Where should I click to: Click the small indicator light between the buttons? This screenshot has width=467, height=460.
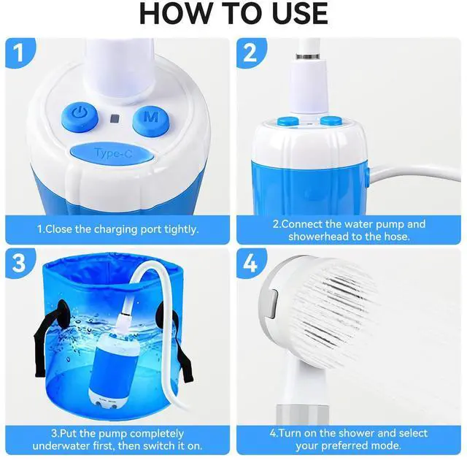pyautogui.click(x=115, y=118)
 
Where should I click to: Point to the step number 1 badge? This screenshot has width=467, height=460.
pyautogui.click(x=20, y=53)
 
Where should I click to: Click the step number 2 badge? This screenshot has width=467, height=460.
pyautogui.click(x=251, y=53)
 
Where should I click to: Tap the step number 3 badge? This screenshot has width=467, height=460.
pyautogui.click(x=20, y=262)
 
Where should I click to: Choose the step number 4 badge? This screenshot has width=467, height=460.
pyautogui.click(x=251, y=262)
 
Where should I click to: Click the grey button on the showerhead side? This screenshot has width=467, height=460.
pyautogui.click(x=272, y=303)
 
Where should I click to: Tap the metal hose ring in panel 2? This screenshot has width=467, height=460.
pyautogui.click(x=307, y=57)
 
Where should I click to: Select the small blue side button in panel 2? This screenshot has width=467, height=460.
pyautogui.click(x=367, y=177)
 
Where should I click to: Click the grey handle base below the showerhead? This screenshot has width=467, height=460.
pyautogui.click(x=303, y=415)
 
